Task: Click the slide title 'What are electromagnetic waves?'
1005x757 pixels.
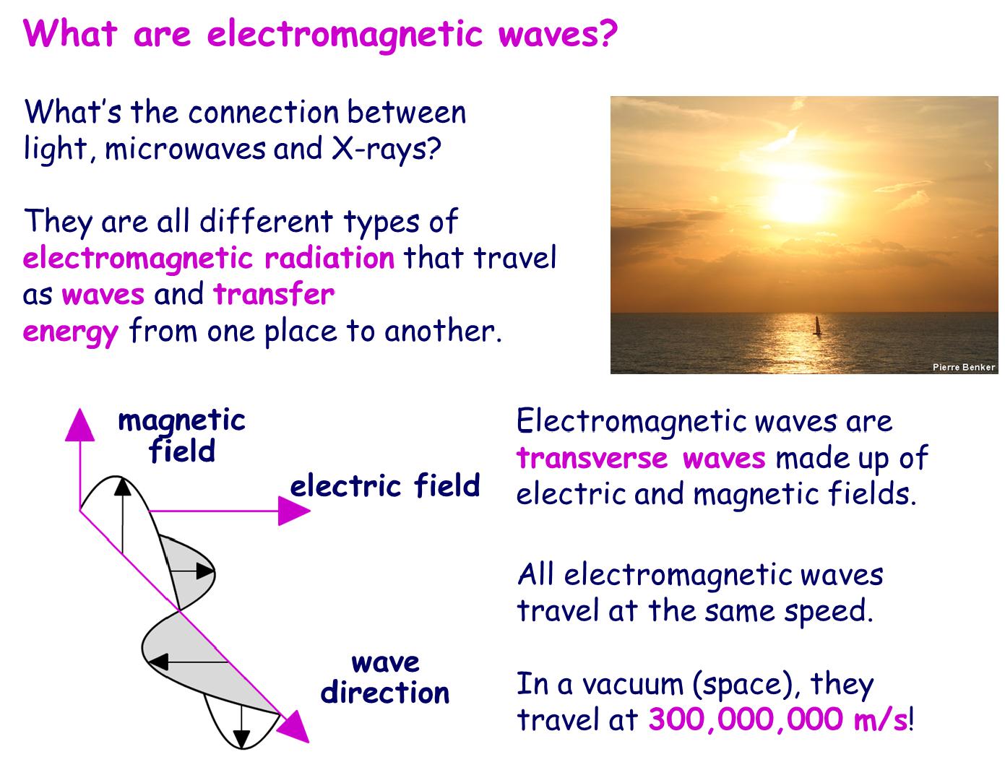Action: (321, 34)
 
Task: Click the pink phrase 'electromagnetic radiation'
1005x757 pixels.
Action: (209, 258)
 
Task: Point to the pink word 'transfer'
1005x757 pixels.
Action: (274, 295)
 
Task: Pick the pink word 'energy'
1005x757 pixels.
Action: (70, 332)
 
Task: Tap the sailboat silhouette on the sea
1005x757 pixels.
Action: (818, 326)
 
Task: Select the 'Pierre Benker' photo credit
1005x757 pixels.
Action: (963, 367)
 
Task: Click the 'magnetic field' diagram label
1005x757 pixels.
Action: (181, 436)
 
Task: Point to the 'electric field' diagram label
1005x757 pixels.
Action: (384, 485)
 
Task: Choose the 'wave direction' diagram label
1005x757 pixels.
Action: (385, 678)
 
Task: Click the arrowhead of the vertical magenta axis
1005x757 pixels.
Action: (79, 424)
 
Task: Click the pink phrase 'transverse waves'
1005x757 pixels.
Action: (641, 458)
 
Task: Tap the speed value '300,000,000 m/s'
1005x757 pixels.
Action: (777, 719)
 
